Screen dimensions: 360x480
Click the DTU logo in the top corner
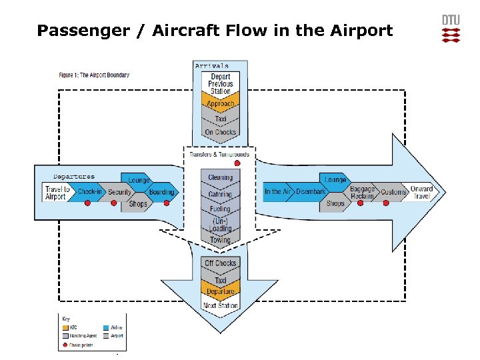click(451, 29)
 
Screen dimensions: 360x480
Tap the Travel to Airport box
click(56, 192)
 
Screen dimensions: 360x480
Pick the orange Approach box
click(221, 105)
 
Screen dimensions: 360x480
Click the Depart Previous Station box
click(221, 84)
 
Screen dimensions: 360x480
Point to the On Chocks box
click(221, 133)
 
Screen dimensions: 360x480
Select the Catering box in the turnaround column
click(221, 195)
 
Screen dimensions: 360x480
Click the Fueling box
click(221, 209)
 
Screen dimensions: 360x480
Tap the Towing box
click(221, 240)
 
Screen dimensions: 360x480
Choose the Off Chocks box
click(221, 263)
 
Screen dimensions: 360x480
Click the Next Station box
click(221, 306)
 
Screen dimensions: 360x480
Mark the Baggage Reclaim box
click(363, 192)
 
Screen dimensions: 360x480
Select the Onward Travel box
click(421, 192)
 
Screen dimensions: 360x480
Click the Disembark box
click(311, 192)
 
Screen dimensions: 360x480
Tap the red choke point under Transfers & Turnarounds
click(237, 163)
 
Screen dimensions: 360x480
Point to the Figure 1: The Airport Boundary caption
click(94, 75)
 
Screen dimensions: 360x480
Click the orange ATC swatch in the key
click(65, 327)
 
